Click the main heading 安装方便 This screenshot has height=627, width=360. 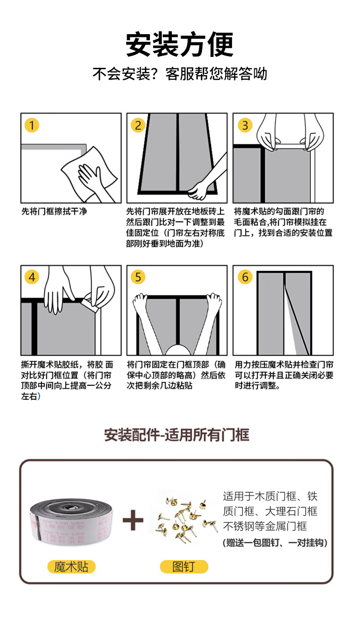point(180,44)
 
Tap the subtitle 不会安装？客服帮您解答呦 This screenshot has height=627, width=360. point(180,74)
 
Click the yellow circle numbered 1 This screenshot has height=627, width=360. point(31,125)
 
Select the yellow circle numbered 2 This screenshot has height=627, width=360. point(138,125)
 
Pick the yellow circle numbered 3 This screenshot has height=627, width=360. point(245,125)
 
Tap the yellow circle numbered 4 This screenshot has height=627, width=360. point(31,277)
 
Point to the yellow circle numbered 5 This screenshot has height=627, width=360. point(138,277)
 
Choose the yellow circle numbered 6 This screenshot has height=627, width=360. point(245,277)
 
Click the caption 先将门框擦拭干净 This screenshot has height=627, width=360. point(54,211)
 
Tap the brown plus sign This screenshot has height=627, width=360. point(133,520)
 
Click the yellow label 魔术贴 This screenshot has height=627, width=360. point(71,567)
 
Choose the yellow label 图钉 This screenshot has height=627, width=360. point(184,566)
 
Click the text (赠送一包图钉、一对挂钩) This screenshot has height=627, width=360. point(275,543)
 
